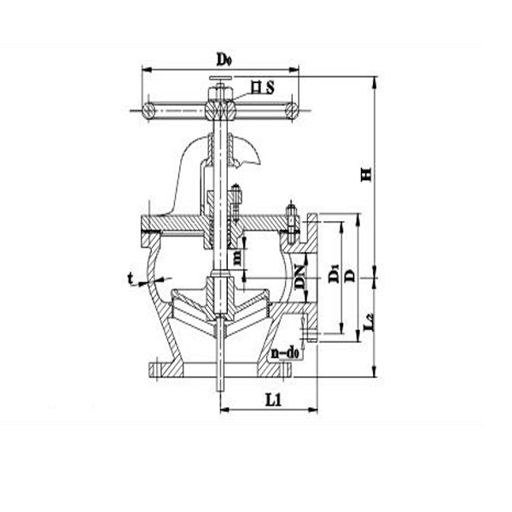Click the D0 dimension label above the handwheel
pos(224,59)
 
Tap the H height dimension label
pos(366,174)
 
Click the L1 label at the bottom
pos(272,398)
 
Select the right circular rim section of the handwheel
pos(292,110)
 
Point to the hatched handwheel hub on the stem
pos(221,110)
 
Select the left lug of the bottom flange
pos(158,369)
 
